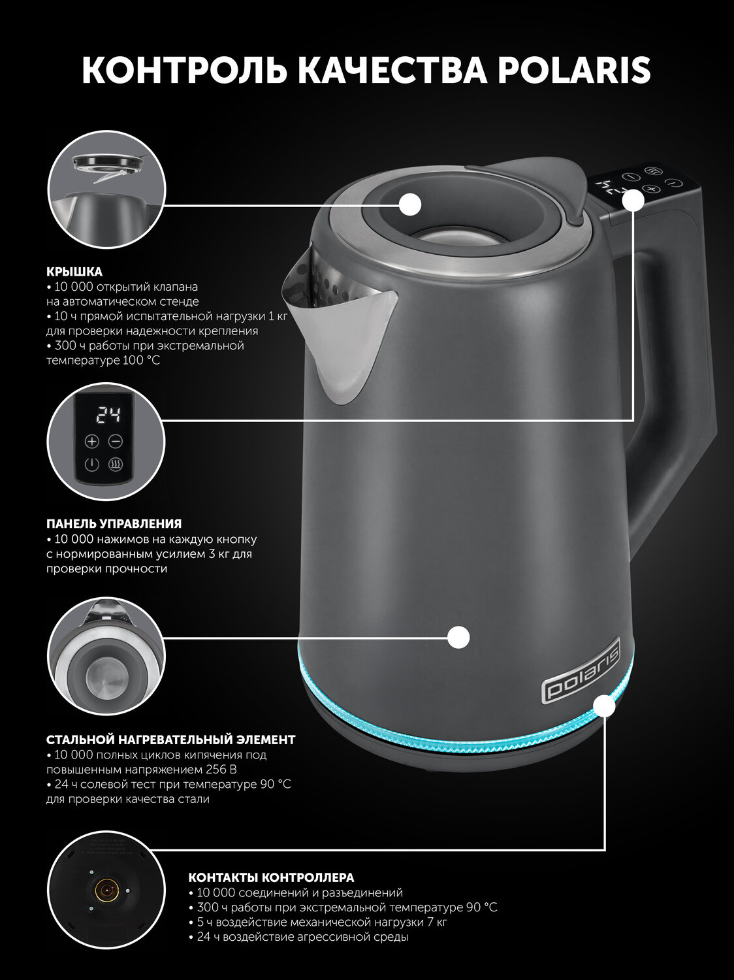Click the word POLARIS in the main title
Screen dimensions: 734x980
pos(574,70)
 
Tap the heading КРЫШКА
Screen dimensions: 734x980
pos(74,271)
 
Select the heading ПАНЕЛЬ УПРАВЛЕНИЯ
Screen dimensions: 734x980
pos(114,523)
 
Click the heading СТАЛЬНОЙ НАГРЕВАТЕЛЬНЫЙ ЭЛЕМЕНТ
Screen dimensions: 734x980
pos(171,740)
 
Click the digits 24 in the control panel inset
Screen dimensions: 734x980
pos(109,416)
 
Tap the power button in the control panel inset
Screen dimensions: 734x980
pos(92,465)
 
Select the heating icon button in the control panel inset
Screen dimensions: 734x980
pos(116,465)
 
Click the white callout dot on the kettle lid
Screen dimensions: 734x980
pos(410,205)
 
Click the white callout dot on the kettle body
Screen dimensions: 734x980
pos(458,637)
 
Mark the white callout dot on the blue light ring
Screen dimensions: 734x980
pos(605,706)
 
